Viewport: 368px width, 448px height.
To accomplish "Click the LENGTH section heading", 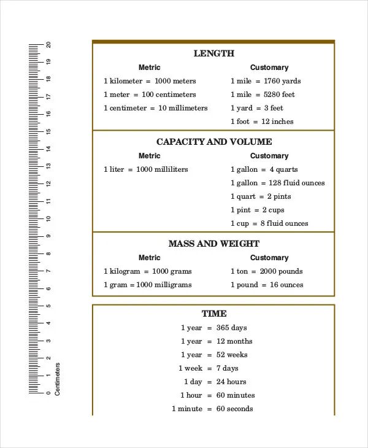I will tap(213, 53).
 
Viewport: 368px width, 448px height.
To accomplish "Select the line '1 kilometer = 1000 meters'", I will tap(150, 81).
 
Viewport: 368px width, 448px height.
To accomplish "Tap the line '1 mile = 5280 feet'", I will tap(263, 95).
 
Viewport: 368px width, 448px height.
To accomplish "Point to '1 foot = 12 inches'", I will tap(262, 122).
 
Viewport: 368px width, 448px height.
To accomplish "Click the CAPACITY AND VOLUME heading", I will tap(213, 142).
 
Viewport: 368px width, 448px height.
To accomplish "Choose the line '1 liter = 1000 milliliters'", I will tap(146, 169).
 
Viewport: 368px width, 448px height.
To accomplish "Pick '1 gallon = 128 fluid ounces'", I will tap(277, 183).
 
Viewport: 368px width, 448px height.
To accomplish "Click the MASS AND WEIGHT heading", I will tap(213, 244).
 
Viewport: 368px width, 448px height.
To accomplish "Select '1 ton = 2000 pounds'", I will tap(266, 271).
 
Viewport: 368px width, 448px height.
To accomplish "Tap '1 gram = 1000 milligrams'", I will tap(147, 285).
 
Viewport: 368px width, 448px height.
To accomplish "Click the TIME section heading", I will tap(213, 314).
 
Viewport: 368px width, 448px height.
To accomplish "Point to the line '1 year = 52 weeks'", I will tap(214, 355).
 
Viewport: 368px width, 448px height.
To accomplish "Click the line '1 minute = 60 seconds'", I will tap(212, 409).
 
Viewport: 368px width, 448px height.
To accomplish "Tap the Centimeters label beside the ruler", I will tap(58, 379).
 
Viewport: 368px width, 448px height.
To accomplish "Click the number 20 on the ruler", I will tap(48, 45).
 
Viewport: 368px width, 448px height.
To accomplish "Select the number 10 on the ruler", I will tap(48, 218).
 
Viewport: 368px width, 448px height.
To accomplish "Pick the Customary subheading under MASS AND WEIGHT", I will tap(269, 258).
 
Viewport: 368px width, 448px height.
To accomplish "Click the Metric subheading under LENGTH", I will tap(149, 68).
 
